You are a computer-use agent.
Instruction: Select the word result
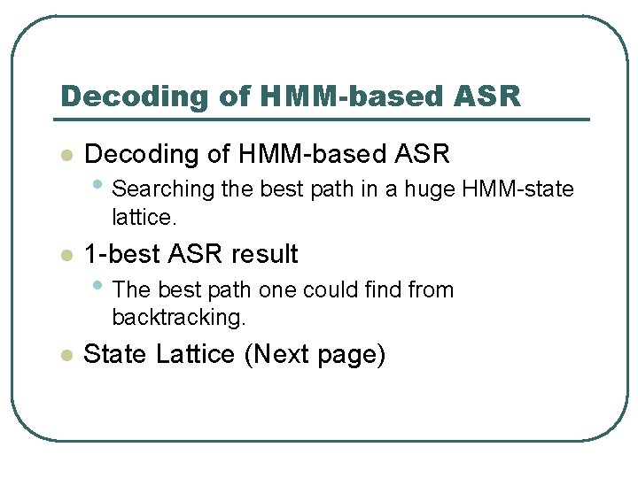tap(264, 255)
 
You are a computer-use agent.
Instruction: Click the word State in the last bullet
tap(115, 355)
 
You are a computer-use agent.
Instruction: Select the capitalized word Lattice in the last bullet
tap(195, 355)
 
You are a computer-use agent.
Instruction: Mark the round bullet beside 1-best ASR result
tap(64, 256)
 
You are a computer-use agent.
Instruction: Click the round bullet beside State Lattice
tap(64, 356)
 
